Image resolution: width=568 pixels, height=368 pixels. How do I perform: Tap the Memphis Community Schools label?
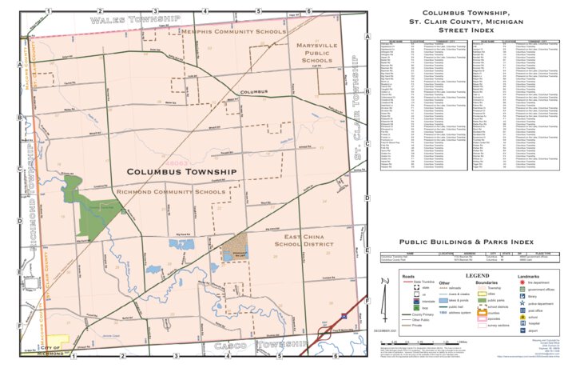(x=233, y=31)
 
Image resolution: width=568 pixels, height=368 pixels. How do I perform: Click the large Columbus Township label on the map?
(x=181, y=171)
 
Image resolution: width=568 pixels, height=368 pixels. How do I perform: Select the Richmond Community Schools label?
(x=171, y=192)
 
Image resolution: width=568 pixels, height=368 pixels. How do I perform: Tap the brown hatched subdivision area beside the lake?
(x=234, y=247)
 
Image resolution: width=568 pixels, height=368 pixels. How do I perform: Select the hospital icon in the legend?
(x=522, y=322)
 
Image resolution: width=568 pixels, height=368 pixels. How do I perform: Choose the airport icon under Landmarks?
(x=522, y=329)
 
